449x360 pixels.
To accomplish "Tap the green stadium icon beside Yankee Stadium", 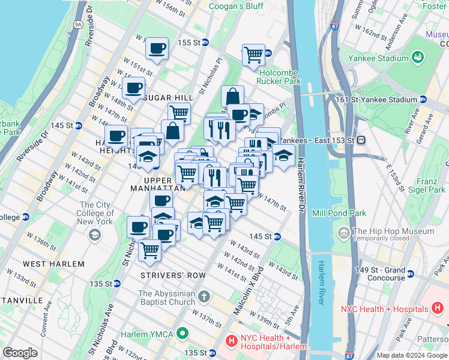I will pyautogui.click(x=417, y=58).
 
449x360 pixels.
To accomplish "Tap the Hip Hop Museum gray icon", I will pyautogui.click(x=344, y=232).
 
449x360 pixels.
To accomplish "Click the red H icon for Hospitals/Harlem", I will pyautogui.click(x=231, y=341).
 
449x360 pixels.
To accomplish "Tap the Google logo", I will pyautogui.click(x=20, y=353).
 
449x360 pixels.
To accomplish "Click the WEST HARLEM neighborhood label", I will pyautogui.click(x=46, y=264).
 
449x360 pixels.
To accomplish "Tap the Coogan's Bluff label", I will pyautogui.click(x=235, y=7).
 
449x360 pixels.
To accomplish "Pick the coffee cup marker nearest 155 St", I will pyautogui.click(x=157, y=48).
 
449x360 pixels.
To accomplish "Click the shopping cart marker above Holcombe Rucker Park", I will pyautogui.click(x=253, y=55).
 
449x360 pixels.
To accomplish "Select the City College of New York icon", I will pyautogui.click(x=94, y=235).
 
